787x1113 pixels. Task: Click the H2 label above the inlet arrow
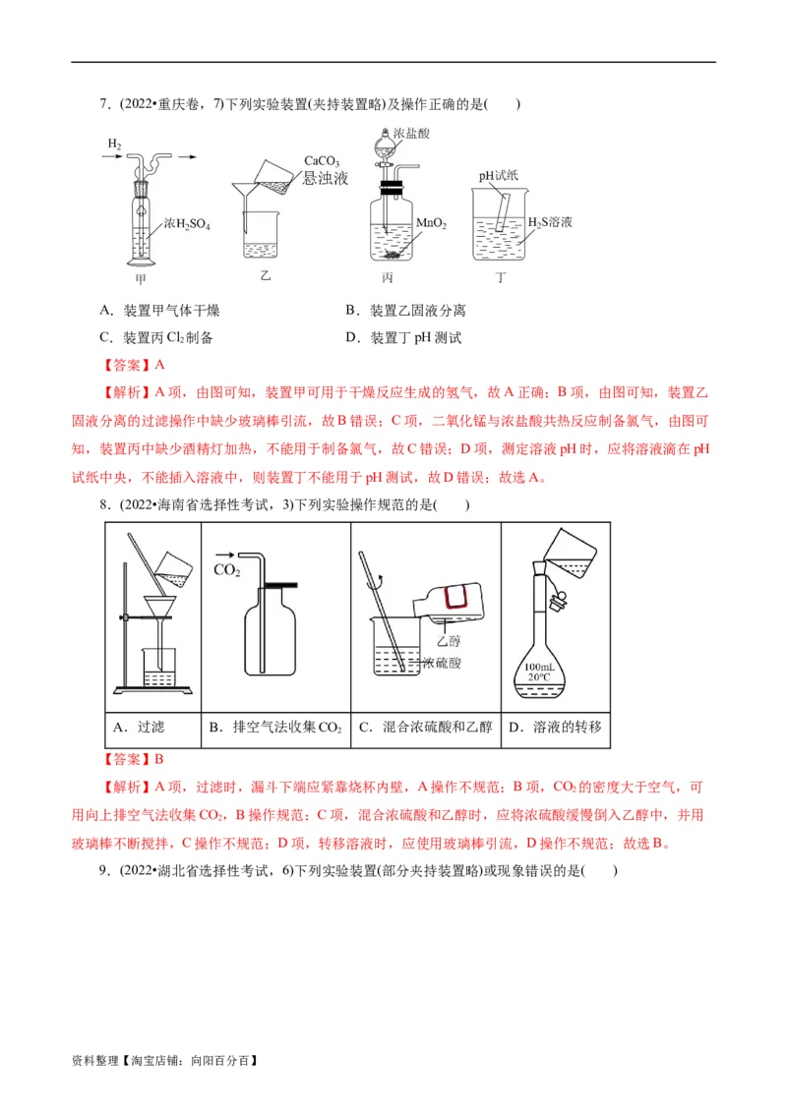click(x=114, y=145)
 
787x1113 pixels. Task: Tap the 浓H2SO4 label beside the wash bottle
click(x=187, y=224)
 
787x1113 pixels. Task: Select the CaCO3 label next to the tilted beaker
click(x=322, y=161)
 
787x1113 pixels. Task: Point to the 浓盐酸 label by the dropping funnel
click(x=411, y=133)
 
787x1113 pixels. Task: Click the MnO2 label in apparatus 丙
click(x=432, y=224)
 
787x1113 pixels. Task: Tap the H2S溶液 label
click(x=550, y=222)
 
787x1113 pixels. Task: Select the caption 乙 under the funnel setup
click(x=264, y=276)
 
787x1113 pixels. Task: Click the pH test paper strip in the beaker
click(x=502, y=212)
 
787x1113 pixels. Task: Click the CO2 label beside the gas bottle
click(x=227, y=569)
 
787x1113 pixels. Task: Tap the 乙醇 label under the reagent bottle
click(x=453, y=641)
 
